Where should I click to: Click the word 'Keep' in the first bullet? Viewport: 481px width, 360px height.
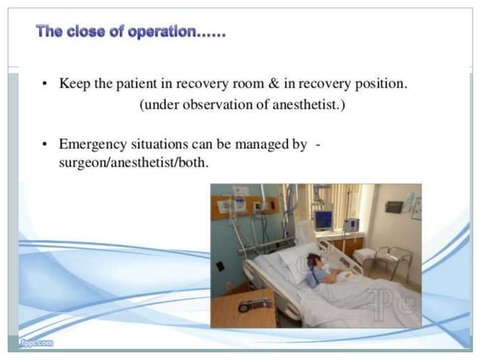click(75, 84)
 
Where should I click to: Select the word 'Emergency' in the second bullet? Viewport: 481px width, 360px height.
click(94, 144)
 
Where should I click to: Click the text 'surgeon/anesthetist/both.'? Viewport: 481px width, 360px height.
click(124, 161)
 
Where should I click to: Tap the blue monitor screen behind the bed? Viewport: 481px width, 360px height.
click(323, 219)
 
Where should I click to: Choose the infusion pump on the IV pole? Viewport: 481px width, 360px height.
click(351, 224)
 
